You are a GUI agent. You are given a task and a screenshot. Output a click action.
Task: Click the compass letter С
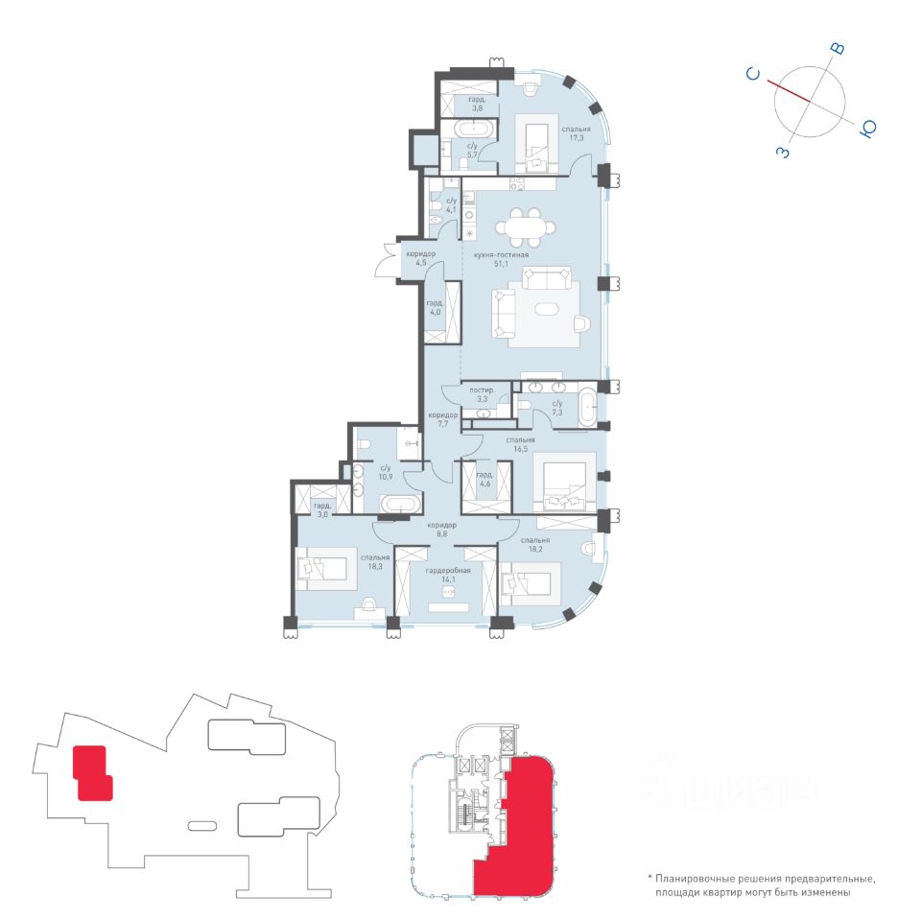[x=753, y=74]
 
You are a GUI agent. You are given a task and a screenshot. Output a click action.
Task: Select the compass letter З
[x=783, y=152]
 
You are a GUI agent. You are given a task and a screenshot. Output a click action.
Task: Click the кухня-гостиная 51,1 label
[x=501, y=260]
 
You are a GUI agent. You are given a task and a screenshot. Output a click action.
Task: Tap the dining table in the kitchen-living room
[x=525, y=227]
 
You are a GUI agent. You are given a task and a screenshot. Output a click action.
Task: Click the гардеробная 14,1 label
[x=448, y=575]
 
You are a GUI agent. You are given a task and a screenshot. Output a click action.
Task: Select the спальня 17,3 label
[x=576, y=133]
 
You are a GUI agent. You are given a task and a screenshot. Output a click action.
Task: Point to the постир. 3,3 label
[x=482, y=394]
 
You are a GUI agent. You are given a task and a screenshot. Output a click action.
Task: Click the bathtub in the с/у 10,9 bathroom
[x=401, y=505]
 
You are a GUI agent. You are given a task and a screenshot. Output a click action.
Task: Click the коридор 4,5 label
[x=420, y=258]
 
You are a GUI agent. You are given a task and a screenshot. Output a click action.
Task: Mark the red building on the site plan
[x=92, y=772]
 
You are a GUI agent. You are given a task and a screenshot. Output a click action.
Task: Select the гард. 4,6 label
[x=484, y=480]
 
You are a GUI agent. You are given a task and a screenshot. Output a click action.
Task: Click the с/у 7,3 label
[x=556, y=408]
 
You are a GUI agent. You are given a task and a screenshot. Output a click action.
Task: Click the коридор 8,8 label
[x=441, y=530]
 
